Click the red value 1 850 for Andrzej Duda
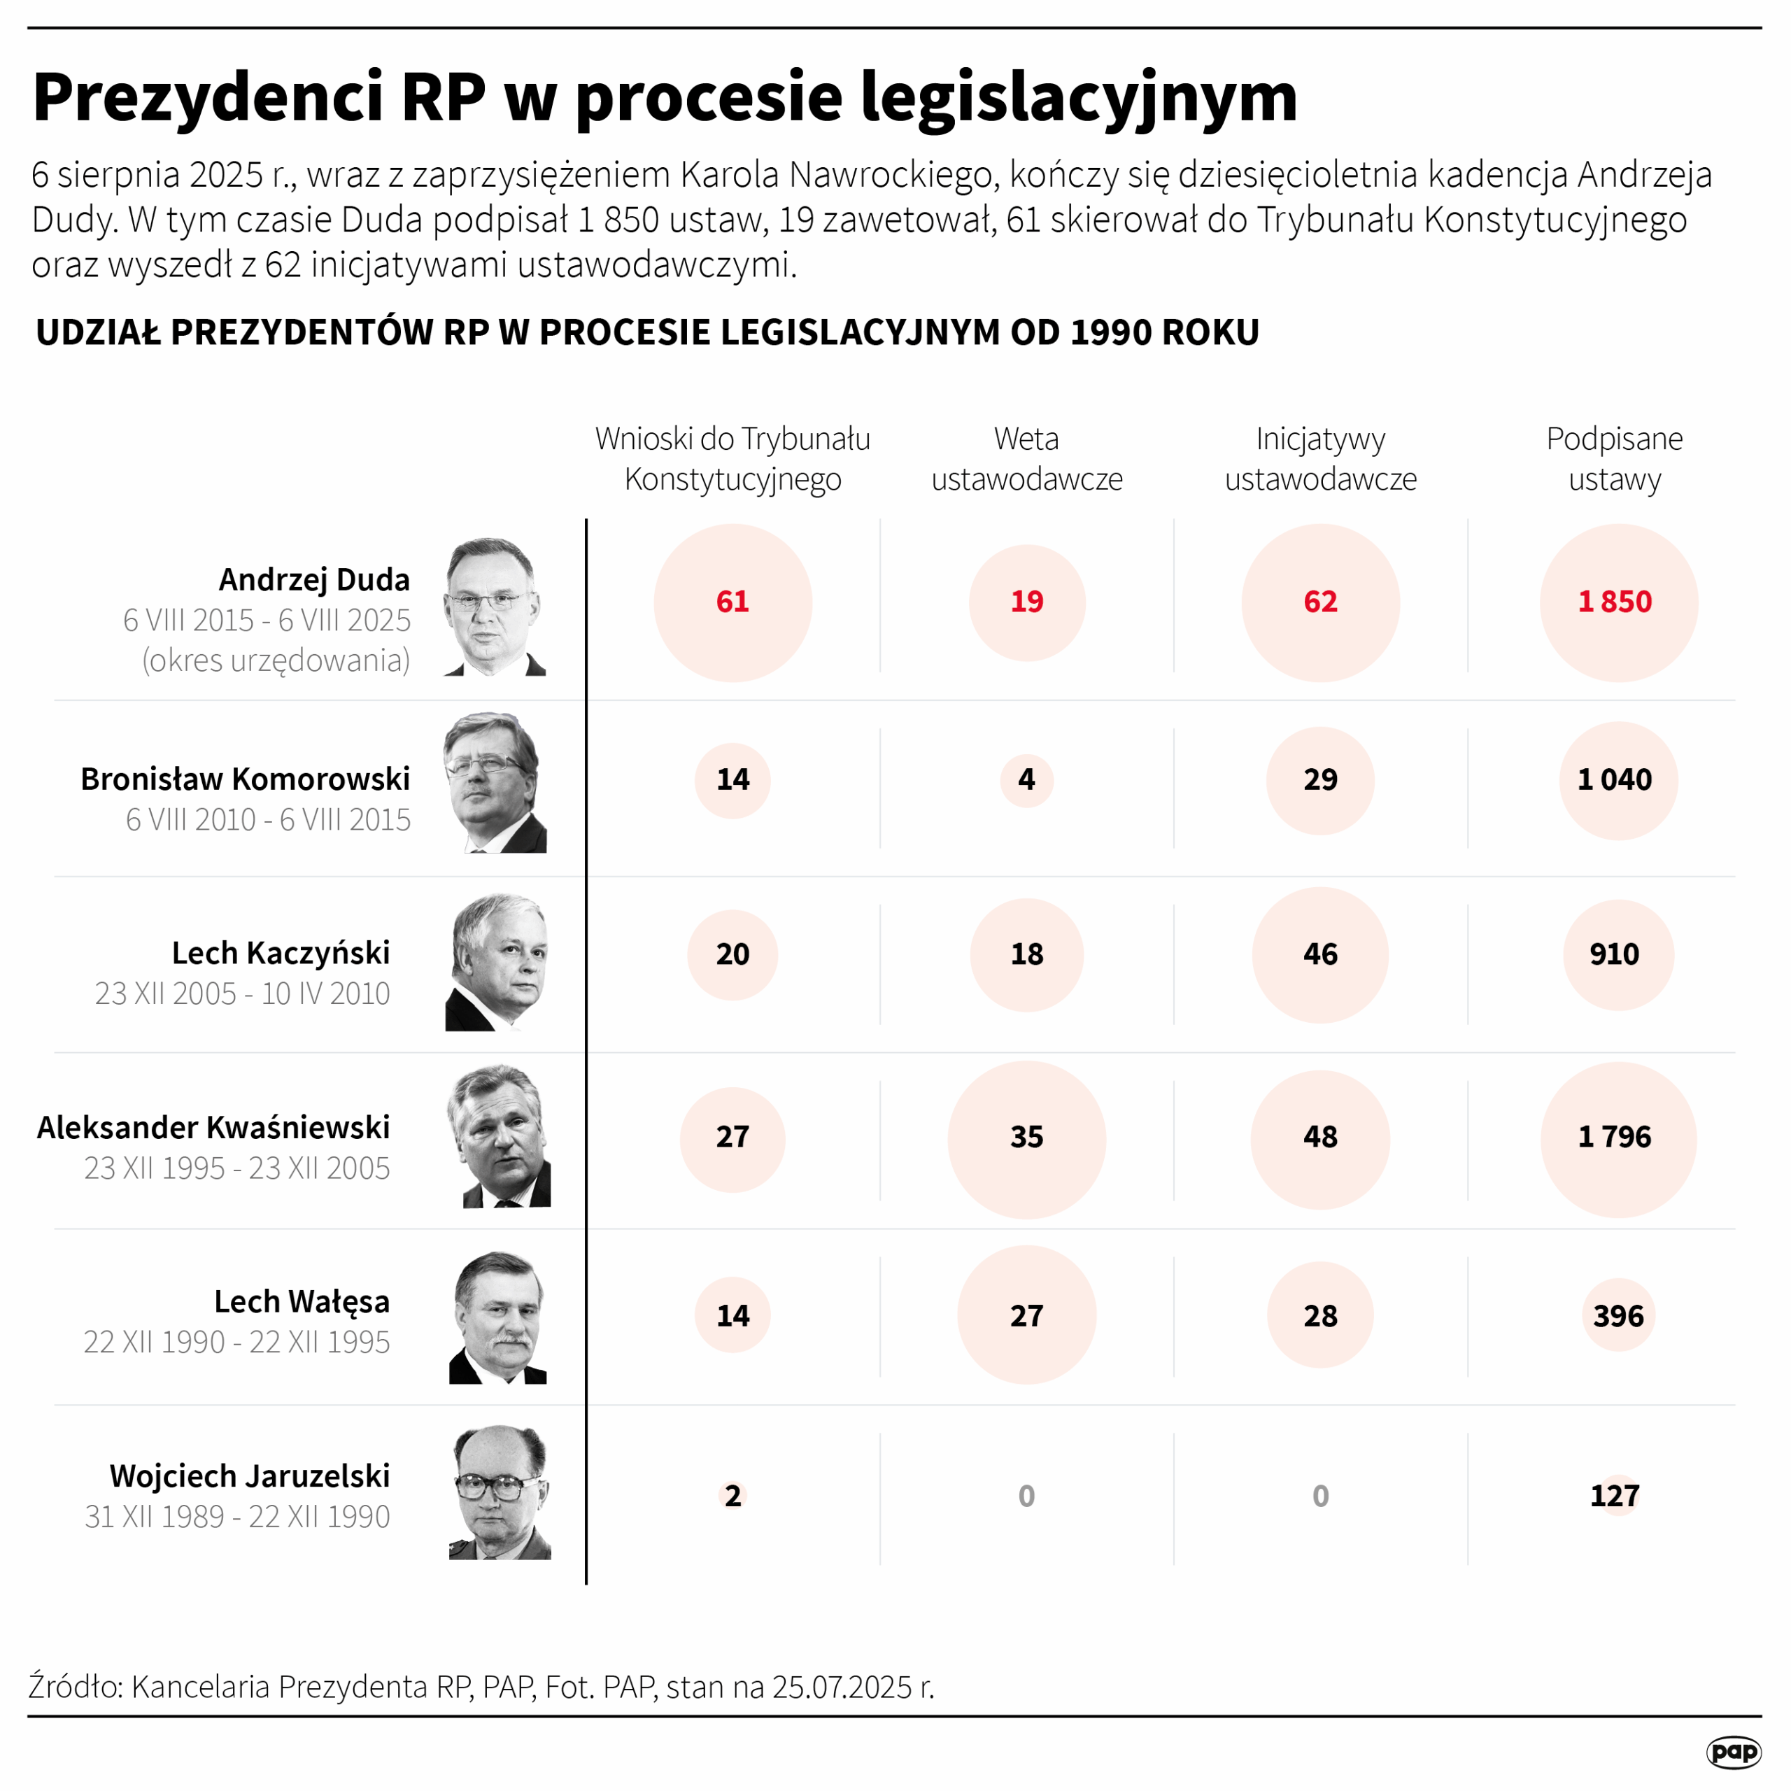point(1614,602)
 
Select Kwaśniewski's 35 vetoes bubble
point(1026,1138)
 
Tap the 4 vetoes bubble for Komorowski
point(1026,779)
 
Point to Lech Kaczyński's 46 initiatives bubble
point(1320,955)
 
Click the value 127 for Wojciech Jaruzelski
point(1614,1495)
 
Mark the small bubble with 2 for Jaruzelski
point(732,1495)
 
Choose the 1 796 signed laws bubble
point(1614,1138)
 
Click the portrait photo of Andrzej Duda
point(494,607)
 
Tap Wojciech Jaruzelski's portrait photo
point(501,1492)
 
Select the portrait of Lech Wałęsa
point(499,1317)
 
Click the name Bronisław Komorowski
point(245,779)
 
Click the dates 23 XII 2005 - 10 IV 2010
point(242,993)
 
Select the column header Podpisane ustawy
point(1614,459)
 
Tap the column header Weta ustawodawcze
point(1026,459)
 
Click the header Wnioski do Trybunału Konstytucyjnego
point(732,459)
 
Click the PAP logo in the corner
point(1733,1751)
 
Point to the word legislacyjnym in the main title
point(1078,97)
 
